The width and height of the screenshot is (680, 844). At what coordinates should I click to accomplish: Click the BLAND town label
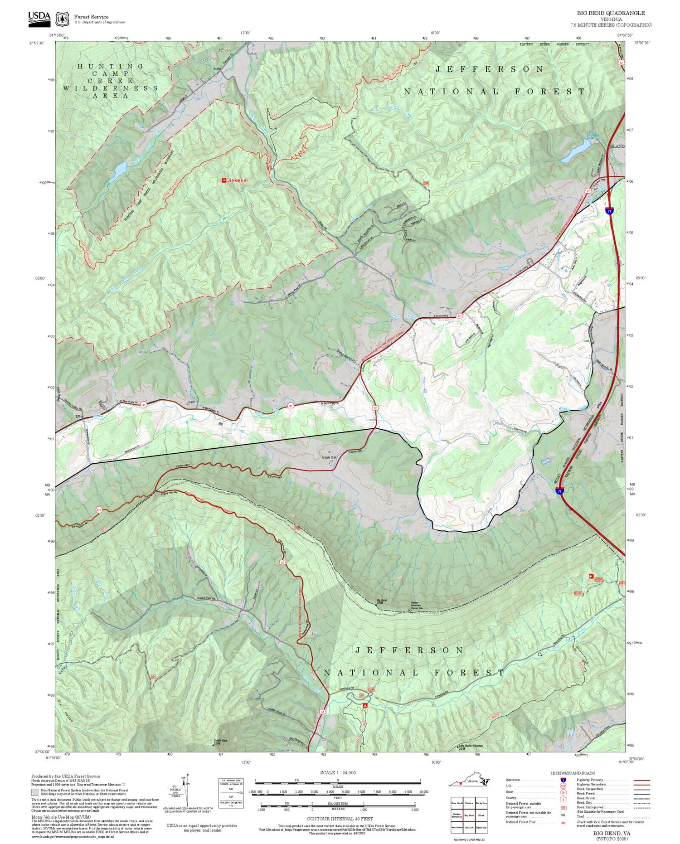tap(617, 146)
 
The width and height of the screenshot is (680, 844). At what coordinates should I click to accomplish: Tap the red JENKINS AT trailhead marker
tap(223, 180)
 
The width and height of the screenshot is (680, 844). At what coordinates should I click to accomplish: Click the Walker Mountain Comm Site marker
tap(410, 610)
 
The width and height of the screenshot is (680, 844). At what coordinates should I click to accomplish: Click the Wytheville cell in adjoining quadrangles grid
tap(481, 827)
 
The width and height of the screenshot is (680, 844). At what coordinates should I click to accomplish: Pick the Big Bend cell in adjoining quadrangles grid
tap(469, 815)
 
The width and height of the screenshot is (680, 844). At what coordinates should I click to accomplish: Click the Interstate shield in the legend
tap(563, 780)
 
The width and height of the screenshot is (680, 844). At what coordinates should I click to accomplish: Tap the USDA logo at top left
tap(39, 18)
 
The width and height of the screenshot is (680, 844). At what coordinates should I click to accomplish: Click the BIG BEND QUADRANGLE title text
tap(611, 13)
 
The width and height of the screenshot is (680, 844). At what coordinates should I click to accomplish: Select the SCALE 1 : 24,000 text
tap(338, 773)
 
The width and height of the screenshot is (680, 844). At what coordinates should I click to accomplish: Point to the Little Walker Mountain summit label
tap(471, 746)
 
